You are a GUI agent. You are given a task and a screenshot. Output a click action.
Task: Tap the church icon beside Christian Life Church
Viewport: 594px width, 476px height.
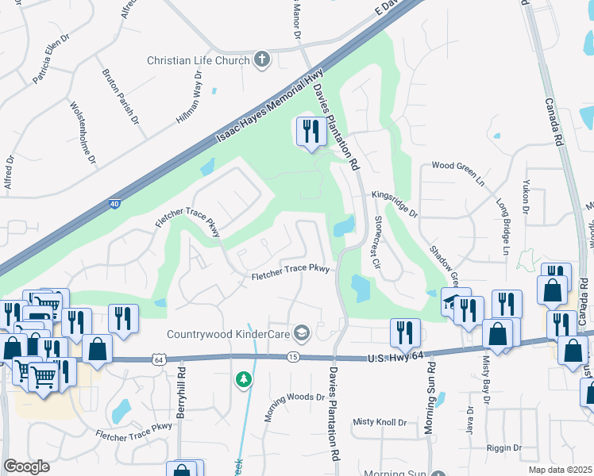tap(262, 59)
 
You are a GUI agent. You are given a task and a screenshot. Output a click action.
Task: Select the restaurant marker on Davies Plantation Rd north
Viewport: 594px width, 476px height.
tap(310, 131)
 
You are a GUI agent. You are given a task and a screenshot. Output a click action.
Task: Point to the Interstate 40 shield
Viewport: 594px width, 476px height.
tap(115, 205)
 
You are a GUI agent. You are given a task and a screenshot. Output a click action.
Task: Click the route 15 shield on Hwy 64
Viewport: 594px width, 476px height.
tap(293, 359)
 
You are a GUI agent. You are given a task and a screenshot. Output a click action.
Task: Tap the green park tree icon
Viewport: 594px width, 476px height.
tap(244, 381)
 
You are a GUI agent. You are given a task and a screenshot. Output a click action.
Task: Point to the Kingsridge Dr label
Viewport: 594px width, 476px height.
tap(392, 204)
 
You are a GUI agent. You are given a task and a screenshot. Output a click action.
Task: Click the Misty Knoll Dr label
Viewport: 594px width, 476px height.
tap(380, 422)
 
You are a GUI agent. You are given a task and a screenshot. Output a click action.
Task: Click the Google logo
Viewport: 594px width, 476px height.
tap(26, 466)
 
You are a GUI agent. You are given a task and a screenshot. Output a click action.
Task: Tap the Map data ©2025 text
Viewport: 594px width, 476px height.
tap(561, 469)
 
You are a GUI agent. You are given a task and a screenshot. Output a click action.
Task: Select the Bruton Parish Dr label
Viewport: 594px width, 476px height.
tap(119, 95)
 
